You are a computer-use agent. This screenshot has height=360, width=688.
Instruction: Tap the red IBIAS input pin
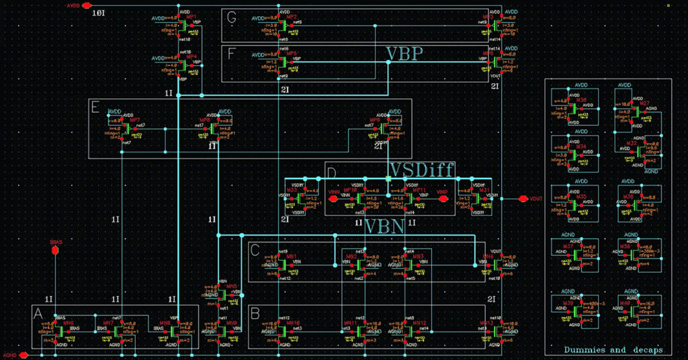pyautogui.click(x=56, y=251)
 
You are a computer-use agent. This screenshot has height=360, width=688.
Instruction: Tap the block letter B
pyautogui.click(x=255, y=313)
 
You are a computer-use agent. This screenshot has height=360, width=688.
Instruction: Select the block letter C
pyautogui.click(x=255, y=250)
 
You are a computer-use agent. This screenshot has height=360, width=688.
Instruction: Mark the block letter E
pyautogui.click(x=95, y=107)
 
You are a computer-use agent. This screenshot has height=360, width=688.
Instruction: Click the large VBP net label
pyautogui.click(x=404, y=54)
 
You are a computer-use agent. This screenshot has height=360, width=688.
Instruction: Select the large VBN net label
pyautogui.click(x=385, y=227)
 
